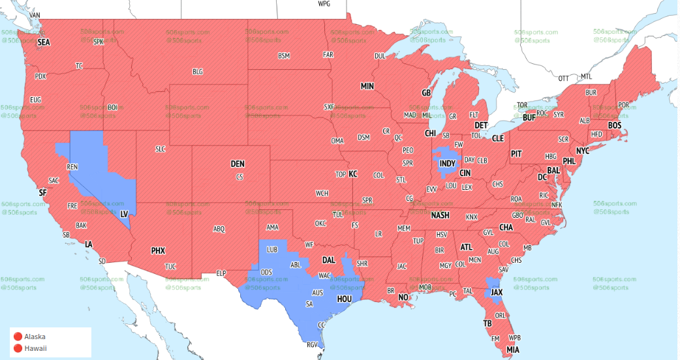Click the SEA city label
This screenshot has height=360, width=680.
pos(44,42)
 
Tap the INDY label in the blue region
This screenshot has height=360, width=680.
pos(447,162)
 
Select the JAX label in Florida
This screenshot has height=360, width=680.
pos(497,293)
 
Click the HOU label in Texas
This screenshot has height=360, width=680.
pos(345,299)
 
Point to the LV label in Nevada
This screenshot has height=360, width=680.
pos(123,213)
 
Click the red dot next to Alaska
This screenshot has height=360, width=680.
pos(18,337)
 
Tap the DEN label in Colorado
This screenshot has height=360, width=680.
pos(238,164)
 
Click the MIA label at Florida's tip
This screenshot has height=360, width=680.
pos(513,350)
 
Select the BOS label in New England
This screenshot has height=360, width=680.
pos(614,125)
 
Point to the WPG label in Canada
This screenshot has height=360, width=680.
pos(324,4)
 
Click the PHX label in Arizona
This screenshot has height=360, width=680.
pos(158,250)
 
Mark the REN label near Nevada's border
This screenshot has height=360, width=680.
pos(72,167)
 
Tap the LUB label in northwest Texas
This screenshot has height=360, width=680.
pos(273,250)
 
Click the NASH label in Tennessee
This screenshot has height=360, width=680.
pos(440,215)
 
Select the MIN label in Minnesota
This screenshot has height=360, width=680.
pos(367,86)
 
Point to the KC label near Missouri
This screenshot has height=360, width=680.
pos(353,174)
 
